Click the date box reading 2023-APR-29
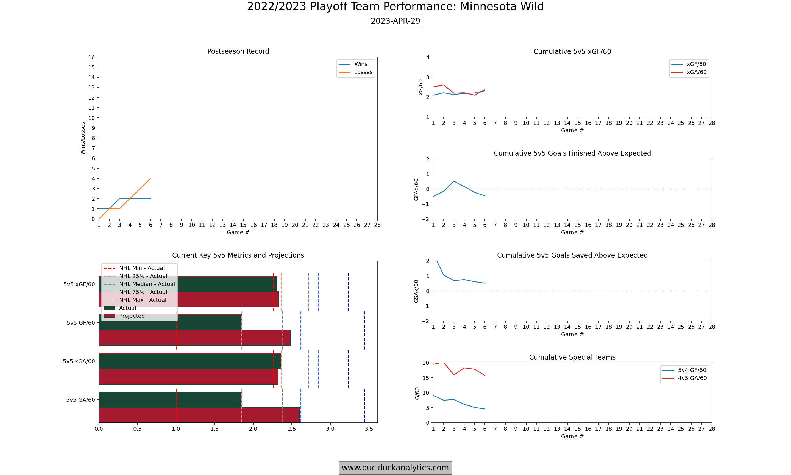[395, 21]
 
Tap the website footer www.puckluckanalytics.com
[395, 468]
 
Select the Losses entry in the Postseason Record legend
[355, 72]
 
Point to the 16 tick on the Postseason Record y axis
[92, 57]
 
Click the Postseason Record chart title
[238, 51]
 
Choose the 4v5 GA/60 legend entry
[684, 378]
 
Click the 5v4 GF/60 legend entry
[684, 370]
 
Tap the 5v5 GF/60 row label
[81, 323]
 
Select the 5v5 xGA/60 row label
[79, 361]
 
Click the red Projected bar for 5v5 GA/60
[199, 415]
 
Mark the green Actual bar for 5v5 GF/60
[170, 322]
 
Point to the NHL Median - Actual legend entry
[140, 284]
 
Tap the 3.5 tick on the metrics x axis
[369, 429]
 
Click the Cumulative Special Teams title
[572, 357]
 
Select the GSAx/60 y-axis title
[416, 291]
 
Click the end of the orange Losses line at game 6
[151, 179]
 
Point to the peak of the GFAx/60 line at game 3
[454, 181]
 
